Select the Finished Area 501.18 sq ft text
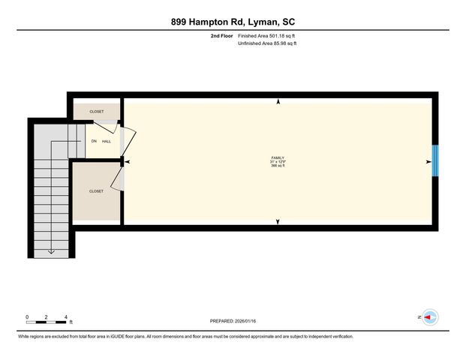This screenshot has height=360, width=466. pyautogui.click(x=267, y=36)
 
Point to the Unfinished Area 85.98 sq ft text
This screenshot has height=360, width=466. pyautogui.click(x=267, y=44)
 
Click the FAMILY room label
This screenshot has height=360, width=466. pyautogui.click(x=278, y=157)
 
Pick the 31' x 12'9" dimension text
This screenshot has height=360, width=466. pyautogui.click(x=278, y=162)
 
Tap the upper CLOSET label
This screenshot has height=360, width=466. pyautogui.click(x=96, y=111)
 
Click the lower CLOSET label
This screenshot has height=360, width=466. pyautogui.click(x=96, y=191)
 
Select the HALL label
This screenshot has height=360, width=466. pyautogui.click(x=107, y=141)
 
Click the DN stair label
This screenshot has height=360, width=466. pyautogui.click(x=94, y=141)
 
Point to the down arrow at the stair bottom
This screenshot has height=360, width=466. pyautogui.click(x=51, y=251)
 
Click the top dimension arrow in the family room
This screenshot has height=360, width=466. pyautogui.click(x=278, y=101)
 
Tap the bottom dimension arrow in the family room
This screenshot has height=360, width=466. pyautogui.click(x=278, y=222)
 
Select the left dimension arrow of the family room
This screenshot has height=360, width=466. pyautogui.click(x=127, y=161)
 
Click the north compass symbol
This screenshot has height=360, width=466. pyautogui.click(x=429, y=318)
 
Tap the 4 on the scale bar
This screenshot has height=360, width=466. pyautogui.click(x=67, y=316)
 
